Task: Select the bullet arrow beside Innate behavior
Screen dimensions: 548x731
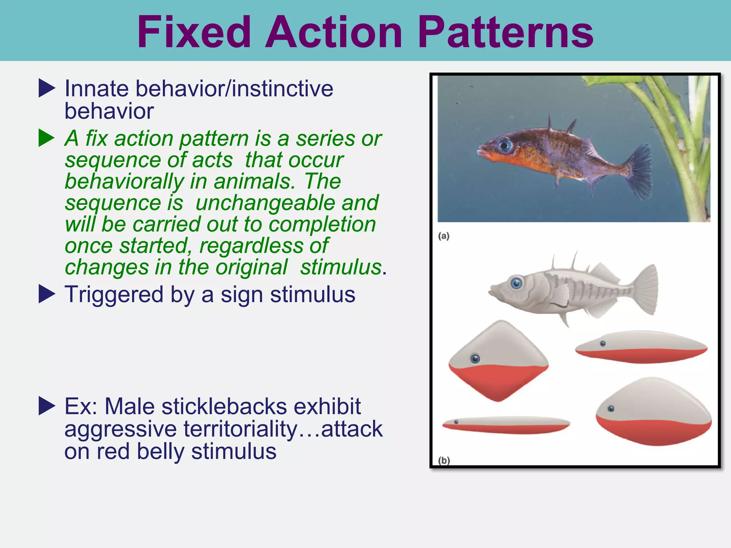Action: coord(47,88)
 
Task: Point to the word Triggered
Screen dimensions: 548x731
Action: coord(114,295)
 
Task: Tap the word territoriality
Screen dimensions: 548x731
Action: coord(240,429)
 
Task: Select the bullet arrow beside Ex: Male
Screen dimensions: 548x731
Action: coord(47,406)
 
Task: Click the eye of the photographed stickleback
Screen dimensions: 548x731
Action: coord(505,145)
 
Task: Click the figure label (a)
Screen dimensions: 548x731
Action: coord(444,236)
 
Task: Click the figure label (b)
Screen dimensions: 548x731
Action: coord(444,461)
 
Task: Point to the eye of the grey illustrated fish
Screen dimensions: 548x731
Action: coord(516,283)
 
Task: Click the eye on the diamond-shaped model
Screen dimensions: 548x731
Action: coord(475,359)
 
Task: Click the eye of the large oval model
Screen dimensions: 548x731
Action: coord(611,409)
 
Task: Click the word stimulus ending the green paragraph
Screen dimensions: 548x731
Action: coord(341,267)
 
